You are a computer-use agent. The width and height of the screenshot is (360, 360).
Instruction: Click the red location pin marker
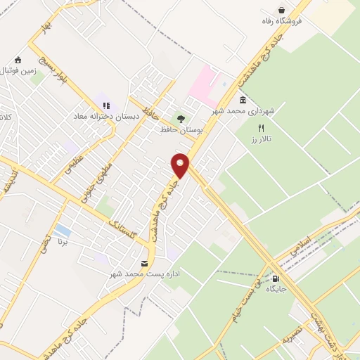[181, 165]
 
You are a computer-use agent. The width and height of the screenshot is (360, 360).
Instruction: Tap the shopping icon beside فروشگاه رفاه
[282, 11]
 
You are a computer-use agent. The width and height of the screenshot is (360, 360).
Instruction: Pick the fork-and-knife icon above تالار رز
[261, 128]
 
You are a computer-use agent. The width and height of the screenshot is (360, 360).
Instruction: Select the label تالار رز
[262, 139]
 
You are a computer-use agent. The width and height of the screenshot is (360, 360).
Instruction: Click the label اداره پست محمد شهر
[145, 275]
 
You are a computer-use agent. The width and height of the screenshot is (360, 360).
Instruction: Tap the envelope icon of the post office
[145, 264]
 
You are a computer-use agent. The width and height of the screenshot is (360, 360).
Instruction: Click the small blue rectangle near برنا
[62, 230]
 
